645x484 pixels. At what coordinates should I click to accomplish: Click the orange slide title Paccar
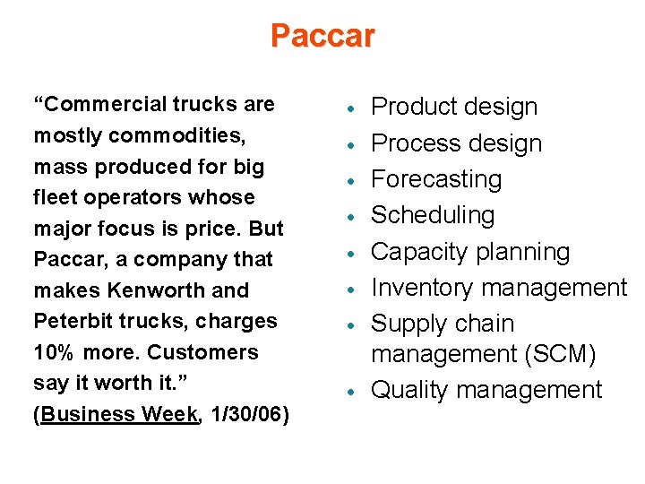pos(322,37)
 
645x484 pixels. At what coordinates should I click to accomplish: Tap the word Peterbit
pos(72,321)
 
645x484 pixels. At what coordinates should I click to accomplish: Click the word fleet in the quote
pos(55,197)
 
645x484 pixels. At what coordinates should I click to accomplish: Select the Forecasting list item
pos(436,179)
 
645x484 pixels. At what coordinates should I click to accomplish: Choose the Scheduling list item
pos(433,215)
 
